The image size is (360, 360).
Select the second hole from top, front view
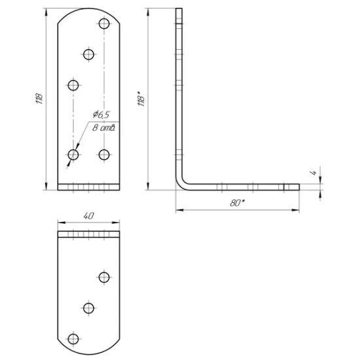(x=89, y=54)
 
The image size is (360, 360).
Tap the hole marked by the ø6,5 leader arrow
(x=73, y=154)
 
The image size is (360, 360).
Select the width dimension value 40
(x=88, y=214)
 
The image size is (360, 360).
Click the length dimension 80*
(x=237, y=203)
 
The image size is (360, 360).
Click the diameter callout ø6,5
(x=101, y=114)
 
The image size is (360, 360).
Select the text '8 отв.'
(x=104, y=128)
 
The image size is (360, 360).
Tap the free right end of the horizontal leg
(x=298, y=186)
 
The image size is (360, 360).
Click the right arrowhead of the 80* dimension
(x=297, y=210)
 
